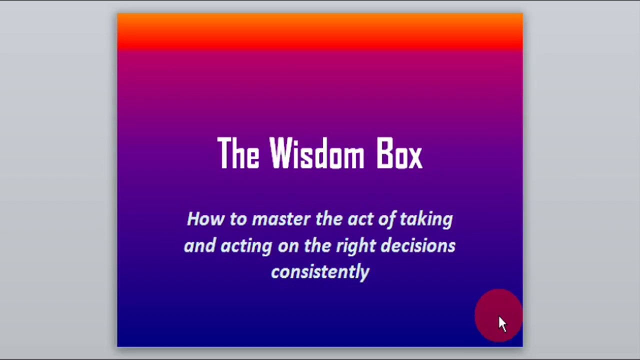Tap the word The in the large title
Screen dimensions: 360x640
(238, 153)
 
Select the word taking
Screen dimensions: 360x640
(426, 219)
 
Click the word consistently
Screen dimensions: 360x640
(320, 272)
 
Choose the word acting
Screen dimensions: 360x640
(246, 246)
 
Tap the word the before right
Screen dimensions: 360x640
(317, 245)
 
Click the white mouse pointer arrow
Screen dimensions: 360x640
(502, 324)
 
